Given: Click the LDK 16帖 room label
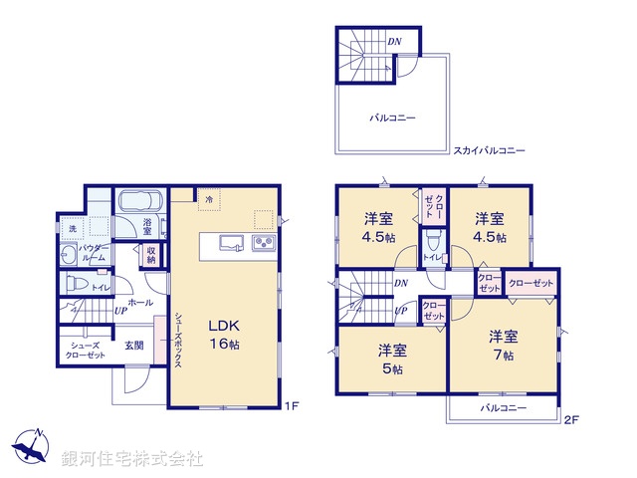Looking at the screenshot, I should (224, 334).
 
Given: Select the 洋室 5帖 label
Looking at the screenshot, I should (390, 359).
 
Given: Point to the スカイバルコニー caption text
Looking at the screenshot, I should (489, 150).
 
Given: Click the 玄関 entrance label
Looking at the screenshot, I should (133, 346).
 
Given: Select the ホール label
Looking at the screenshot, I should (139, 300).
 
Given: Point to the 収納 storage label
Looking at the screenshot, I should (151, 255).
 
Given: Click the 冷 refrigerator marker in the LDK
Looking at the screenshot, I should (209, 199).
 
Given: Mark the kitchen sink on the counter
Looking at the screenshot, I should (227, 242).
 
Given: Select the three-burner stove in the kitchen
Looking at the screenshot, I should (263, 243).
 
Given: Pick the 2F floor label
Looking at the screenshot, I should (571, 418).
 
